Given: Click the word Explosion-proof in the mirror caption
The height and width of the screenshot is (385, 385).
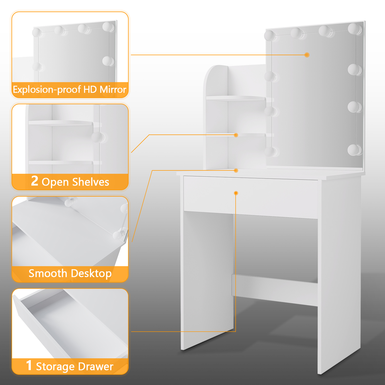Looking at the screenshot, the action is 47,90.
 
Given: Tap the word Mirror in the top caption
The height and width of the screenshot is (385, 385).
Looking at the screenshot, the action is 113,89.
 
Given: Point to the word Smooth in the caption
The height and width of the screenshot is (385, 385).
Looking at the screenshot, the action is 48,273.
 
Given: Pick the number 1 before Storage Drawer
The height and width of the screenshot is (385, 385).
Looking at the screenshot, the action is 29,365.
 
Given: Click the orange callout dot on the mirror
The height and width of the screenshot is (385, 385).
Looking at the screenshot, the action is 307,55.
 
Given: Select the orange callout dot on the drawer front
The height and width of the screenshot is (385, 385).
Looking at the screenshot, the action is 236,193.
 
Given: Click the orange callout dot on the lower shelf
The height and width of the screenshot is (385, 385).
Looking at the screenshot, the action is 236,135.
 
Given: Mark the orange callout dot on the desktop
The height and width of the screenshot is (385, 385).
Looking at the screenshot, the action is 236,170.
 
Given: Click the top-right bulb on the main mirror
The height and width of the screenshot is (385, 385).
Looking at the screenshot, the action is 355,28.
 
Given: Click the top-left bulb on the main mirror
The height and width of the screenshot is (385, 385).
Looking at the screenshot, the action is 270,36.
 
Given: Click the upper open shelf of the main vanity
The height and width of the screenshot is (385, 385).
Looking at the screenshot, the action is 236,98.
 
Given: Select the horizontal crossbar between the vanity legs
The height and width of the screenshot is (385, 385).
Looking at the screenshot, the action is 275,290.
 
